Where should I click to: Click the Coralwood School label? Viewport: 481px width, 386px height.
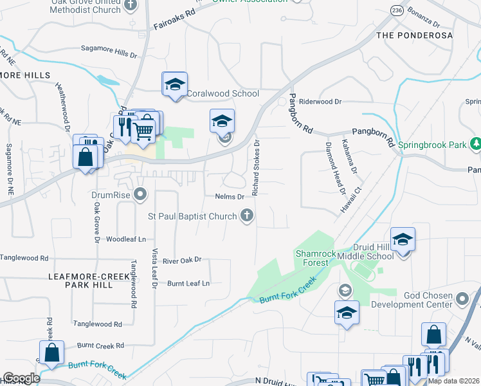[x=222, y=93]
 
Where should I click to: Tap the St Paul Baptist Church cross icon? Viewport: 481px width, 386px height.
[x=246, y=216]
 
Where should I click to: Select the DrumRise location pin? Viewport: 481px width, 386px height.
[x=141, y=193]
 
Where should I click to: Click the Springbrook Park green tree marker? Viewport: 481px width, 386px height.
[x=476, y=144]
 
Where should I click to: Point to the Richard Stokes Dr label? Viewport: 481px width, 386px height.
[x=256, y=168]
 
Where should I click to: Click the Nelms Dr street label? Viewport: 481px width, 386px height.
[x=230, y=197]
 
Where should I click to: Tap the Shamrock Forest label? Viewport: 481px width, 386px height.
[x=315, y=258]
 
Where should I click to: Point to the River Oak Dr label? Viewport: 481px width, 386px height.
[x=182, y=260]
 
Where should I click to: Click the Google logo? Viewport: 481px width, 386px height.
[x=21, y=378]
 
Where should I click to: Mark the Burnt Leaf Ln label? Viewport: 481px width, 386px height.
[x=188, y=283]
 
